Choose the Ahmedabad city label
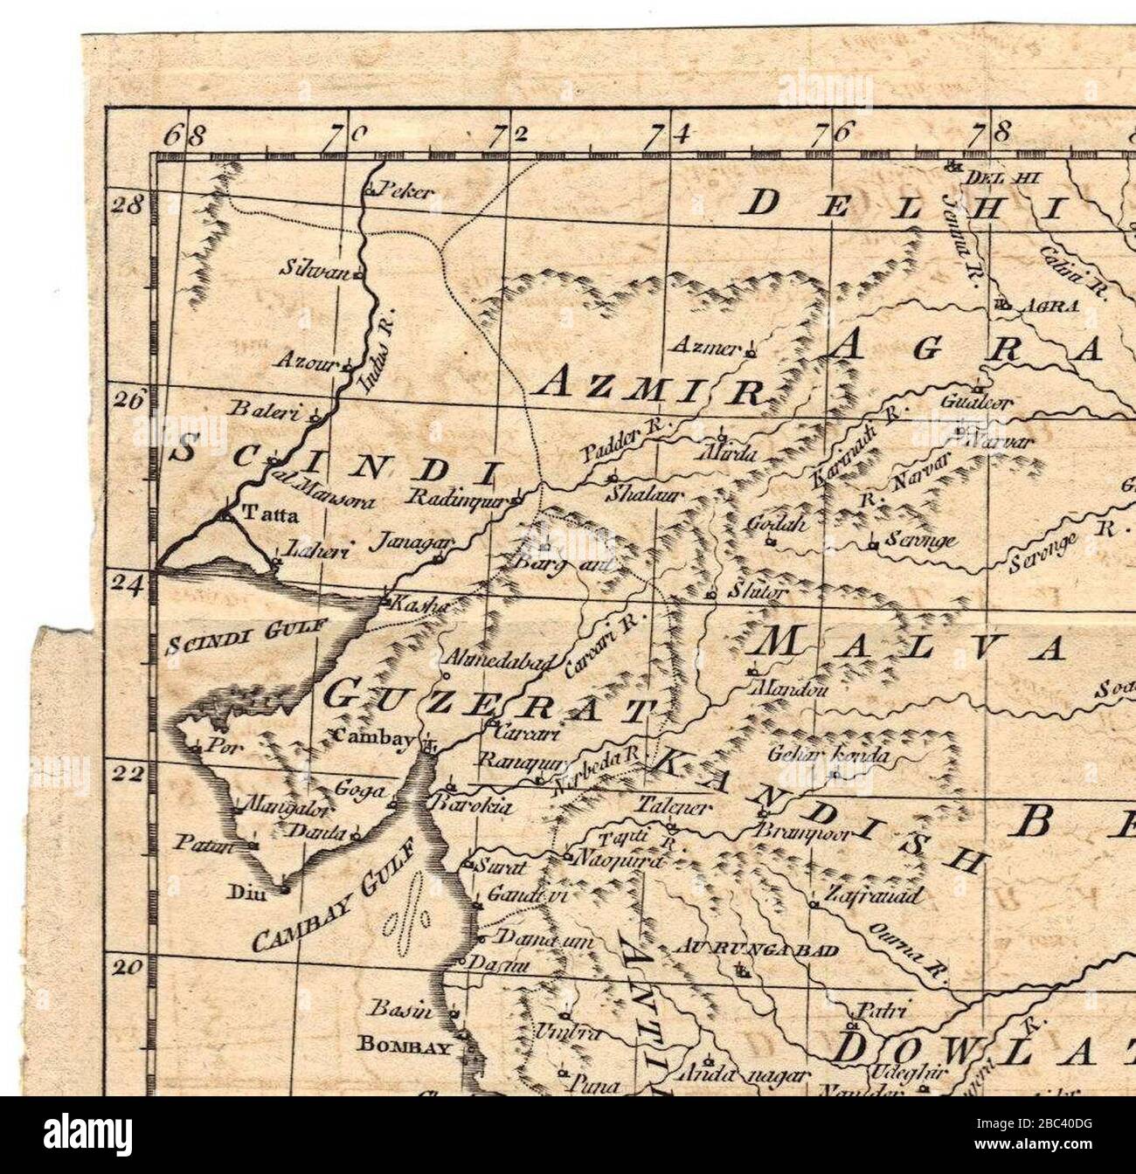[498, 663]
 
